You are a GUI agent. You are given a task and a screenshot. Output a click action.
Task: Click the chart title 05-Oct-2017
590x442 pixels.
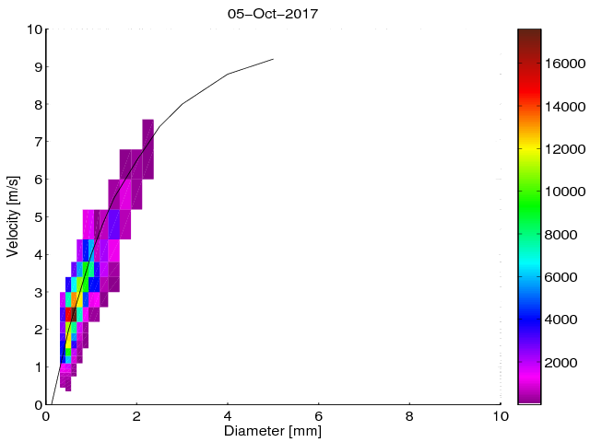pyautogui.click(x=272, y=14)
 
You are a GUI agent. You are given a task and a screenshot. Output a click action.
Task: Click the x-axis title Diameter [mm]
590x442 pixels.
pyautogui.click(x=272, y=431)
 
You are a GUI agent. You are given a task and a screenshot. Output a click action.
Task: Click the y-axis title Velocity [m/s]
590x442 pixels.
pyautogui.click(x=13, y=216)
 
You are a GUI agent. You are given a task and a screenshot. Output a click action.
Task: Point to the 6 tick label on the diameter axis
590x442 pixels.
pyautogui.click(x=319, y=415)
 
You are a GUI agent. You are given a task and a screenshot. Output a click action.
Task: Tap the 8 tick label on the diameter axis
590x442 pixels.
pyautogui.click(x=409, y=415)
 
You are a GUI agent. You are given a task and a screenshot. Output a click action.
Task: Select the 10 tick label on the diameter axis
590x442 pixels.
pyautogui.click(x=500, y=415)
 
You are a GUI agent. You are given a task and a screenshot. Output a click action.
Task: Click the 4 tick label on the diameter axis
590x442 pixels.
pyautogui.click(x=228, y=415)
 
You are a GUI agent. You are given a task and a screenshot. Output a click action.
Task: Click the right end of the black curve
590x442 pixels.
pyautogui.click(x=274, y=59)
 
